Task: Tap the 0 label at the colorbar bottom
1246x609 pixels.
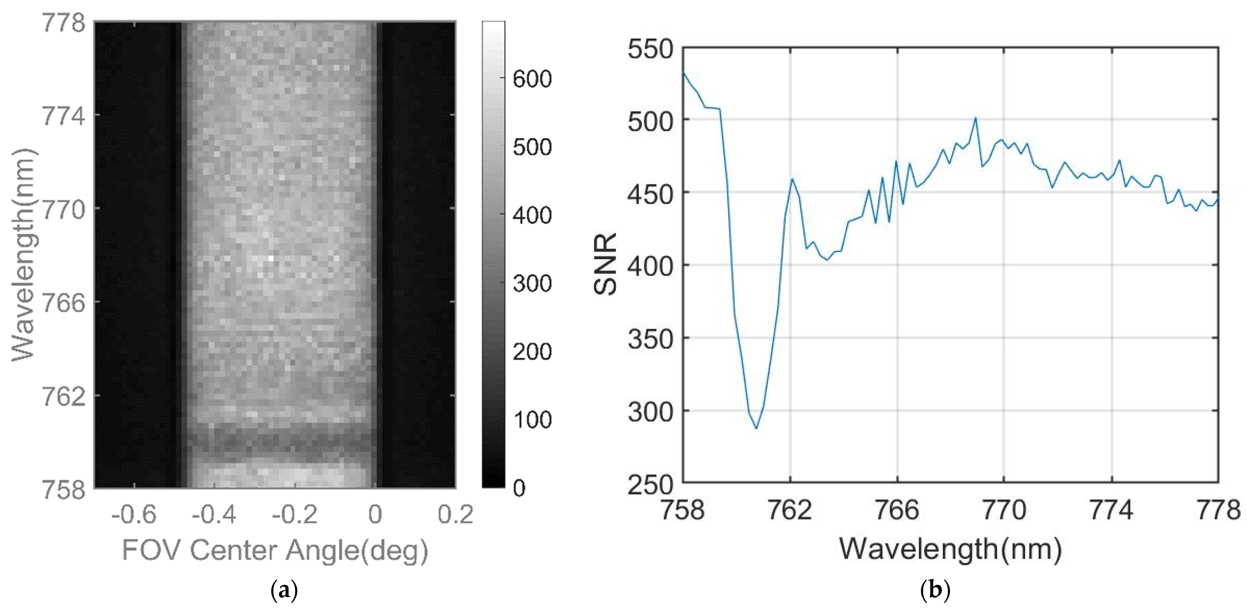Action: [x=519, y=488]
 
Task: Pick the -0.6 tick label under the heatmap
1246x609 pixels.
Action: [x=134, y=514]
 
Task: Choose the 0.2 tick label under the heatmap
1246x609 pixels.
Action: [x=455, y=514]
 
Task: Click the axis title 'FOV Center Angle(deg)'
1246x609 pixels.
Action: [x=275, y=550]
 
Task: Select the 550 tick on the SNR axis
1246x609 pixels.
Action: [x=650, y=49]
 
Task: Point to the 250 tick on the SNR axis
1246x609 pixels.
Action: [x=650, y=484]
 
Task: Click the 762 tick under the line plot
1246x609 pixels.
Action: [x=790, y=510]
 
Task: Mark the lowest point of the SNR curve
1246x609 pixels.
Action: [x=756, y=428]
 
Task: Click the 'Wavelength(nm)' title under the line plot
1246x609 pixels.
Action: [x=951, y=549]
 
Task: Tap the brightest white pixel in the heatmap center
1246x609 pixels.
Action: [x=271, y=259]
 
